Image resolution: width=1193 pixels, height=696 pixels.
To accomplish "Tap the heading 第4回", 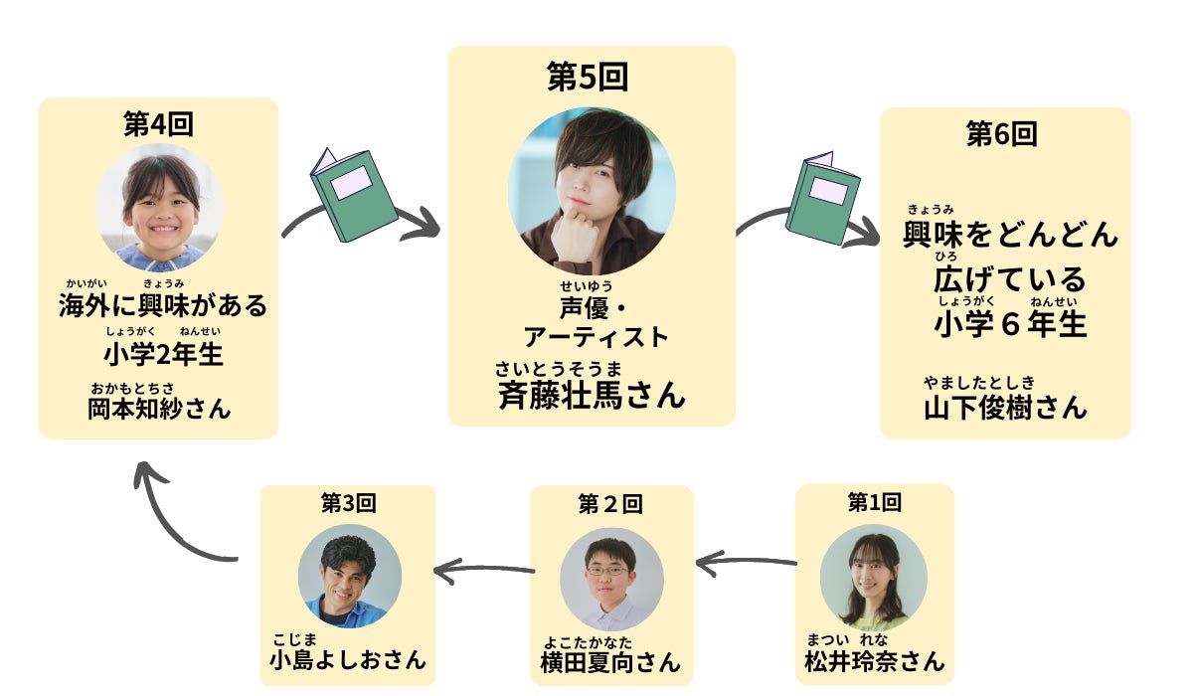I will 158,124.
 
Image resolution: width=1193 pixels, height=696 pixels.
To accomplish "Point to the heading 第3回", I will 348,504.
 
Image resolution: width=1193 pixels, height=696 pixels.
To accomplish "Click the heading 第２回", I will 610,504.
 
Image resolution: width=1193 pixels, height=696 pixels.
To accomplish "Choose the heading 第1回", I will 874,502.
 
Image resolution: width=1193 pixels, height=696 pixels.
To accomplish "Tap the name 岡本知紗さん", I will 159,408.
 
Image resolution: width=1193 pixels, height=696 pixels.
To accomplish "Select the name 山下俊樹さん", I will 1005,407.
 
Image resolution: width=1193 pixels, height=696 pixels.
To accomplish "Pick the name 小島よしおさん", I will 348,659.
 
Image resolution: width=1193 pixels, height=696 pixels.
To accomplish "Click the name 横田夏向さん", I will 610,662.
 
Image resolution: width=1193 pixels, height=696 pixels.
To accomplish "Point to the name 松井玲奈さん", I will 874,661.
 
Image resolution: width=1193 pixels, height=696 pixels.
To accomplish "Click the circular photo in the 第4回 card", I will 159,208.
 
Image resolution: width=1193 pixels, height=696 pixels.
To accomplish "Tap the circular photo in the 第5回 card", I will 592,191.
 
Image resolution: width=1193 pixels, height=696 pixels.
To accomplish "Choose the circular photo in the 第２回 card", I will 610,579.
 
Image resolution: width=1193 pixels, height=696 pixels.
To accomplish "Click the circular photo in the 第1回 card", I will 874,577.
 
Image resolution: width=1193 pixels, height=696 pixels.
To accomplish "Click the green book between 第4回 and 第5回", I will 353,194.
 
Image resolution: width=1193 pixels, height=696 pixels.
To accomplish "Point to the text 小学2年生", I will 162,354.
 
